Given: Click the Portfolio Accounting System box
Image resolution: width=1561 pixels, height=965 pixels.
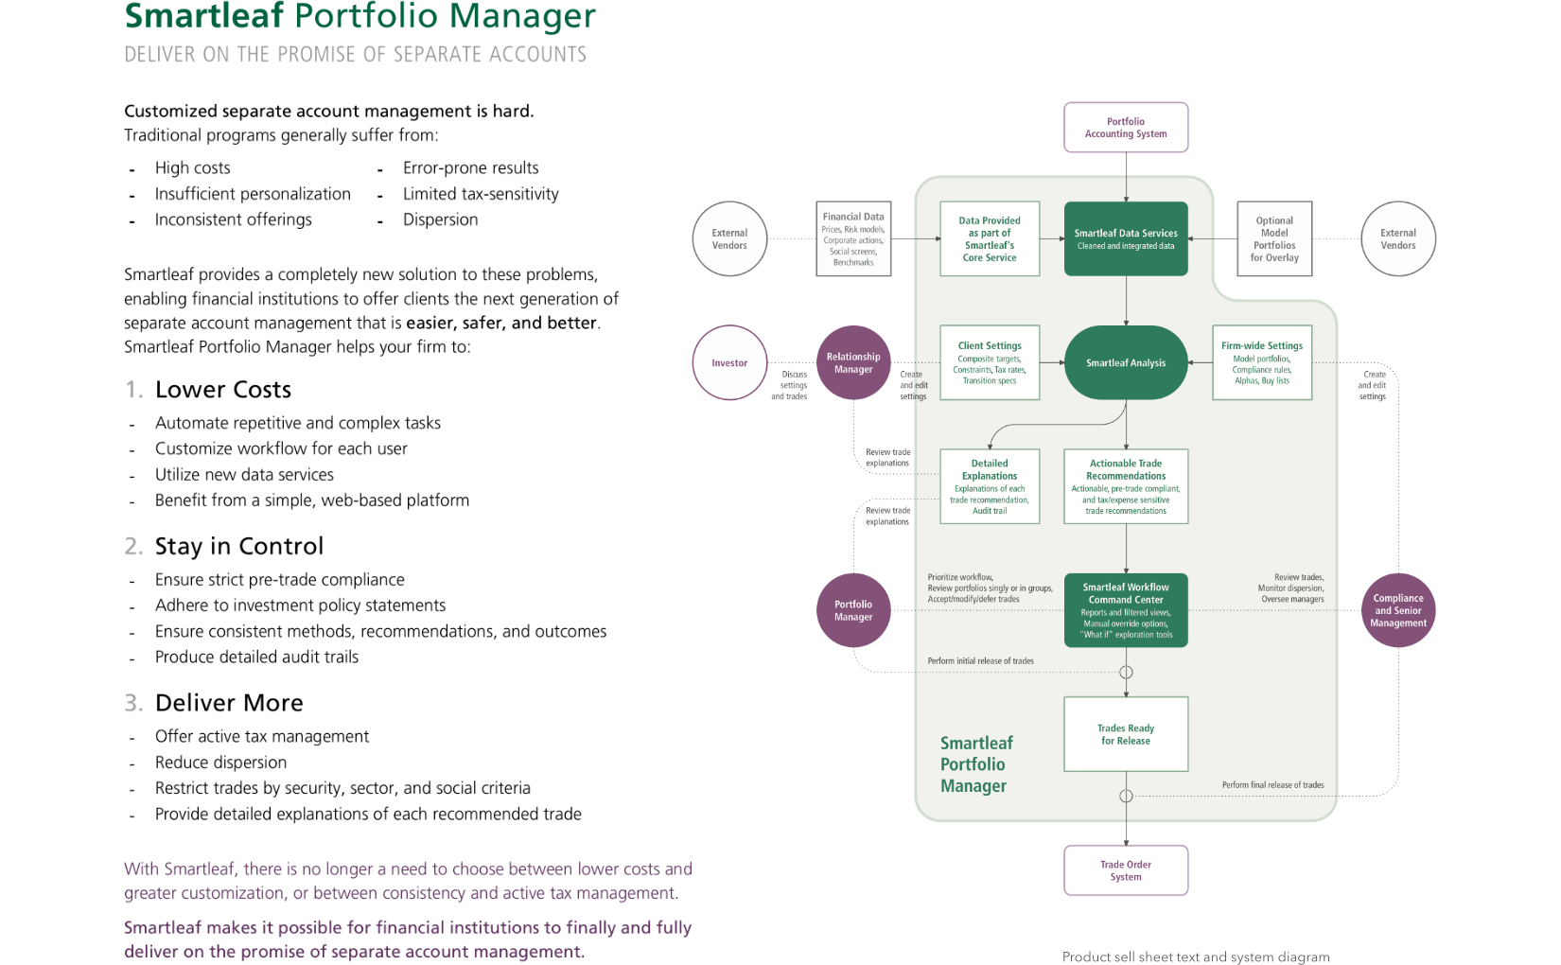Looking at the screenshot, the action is point(1126,128).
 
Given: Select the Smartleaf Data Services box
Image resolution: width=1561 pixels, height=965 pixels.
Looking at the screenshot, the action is point(1126,239).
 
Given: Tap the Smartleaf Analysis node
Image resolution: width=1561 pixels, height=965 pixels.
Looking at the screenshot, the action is point(1126,362).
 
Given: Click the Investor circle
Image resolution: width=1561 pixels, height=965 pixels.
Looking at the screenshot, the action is point(729,362).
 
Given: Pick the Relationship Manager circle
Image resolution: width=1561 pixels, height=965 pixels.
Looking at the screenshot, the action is point(853,362).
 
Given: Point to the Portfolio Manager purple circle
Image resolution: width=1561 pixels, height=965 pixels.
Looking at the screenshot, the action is point(853,610).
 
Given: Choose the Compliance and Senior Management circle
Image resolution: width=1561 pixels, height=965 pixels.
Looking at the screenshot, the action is point(1398,610).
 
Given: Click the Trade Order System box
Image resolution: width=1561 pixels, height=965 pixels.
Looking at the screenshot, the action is point(1126,870).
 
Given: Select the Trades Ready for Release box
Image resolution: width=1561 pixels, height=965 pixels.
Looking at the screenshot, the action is point(1126,734).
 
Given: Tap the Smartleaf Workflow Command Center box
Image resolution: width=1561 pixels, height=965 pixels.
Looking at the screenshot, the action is point(1126,610).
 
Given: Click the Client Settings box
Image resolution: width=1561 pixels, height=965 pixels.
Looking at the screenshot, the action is point(990,362).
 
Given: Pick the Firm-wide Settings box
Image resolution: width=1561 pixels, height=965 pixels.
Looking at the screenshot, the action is point(1262,362).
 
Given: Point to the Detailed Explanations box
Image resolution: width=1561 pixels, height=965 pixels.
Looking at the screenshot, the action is point(990,486).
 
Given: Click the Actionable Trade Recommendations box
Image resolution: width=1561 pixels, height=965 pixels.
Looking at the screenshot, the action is point(1126,486).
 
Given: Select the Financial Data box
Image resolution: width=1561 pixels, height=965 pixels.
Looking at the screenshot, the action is point(853,239).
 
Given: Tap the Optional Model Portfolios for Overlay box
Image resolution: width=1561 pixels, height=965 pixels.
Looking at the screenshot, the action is point(1274,239).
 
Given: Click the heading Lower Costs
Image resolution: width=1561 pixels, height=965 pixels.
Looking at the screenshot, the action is point(223,390).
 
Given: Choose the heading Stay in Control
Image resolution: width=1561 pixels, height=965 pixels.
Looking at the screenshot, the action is point(239,546).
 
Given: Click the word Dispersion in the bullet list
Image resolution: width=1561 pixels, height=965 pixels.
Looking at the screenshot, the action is point(441,219).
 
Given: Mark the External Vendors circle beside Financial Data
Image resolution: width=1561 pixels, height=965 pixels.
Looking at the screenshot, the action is point(729,239).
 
